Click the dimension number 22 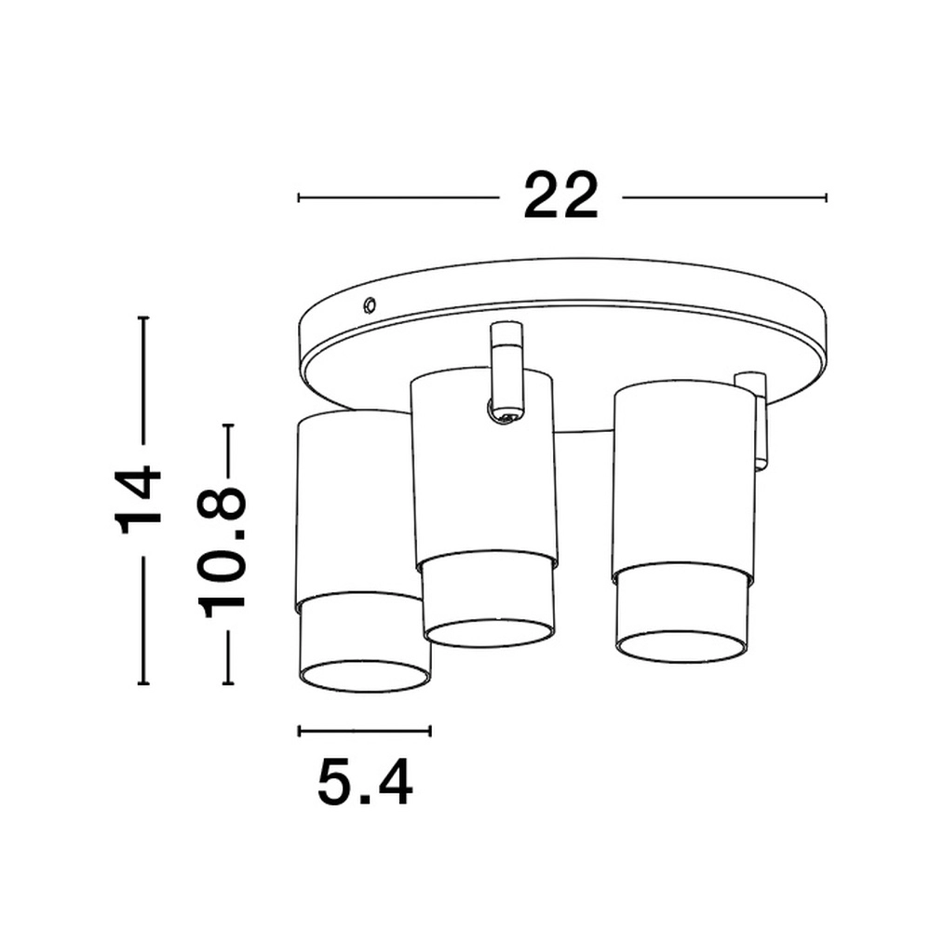click(560, 196)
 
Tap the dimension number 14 click(138, 501)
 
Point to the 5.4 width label click(365, 783)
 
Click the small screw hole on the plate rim click(370, 304)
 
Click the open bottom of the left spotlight click(364, 677)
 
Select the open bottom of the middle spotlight click(490, 633)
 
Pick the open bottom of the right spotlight click(681, 647)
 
